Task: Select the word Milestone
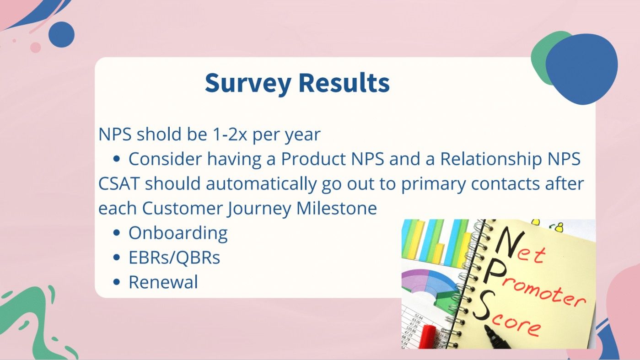pyautogui.click(x=337, y=208)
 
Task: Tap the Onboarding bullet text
pyautogui.click(x=178, y=233)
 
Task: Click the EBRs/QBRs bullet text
pyautogui.click(x=174, y=258)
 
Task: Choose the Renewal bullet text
pyautogui.click(x=163, y=282)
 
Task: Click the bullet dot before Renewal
pyautogui.click(x=117, y=283)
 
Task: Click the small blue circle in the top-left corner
pyautogui.click(x=61, y=34)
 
